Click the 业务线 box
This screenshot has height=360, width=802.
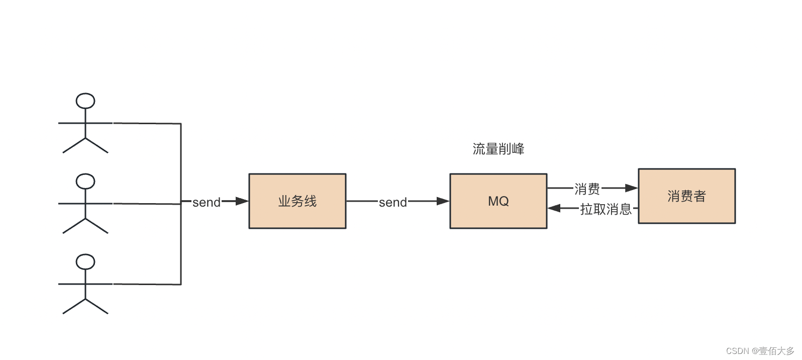coord(297,201)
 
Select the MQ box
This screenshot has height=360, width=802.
coord(498,201)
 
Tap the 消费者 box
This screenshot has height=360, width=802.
coord(686,196)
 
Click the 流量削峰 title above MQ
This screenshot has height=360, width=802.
coord(498,149)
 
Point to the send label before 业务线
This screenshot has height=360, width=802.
coord(207,202)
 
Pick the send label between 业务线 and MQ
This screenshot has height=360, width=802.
coord(392,202)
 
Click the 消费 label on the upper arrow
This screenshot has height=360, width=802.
coord(587,189)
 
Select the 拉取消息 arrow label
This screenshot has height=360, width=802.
coord(606,209)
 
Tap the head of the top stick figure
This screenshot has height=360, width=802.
coord(85,101)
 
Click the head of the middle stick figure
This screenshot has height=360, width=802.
coord(85,181)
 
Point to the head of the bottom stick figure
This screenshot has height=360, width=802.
coord(85,261)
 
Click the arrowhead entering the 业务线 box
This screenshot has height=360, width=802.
coord(242,201)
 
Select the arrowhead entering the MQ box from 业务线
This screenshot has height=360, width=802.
coord(443,201)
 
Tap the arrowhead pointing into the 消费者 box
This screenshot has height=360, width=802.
coord(631,188)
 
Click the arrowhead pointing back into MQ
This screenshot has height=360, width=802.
coord(554,208)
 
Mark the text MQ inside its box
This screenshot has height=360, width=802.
coord(498,201)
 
